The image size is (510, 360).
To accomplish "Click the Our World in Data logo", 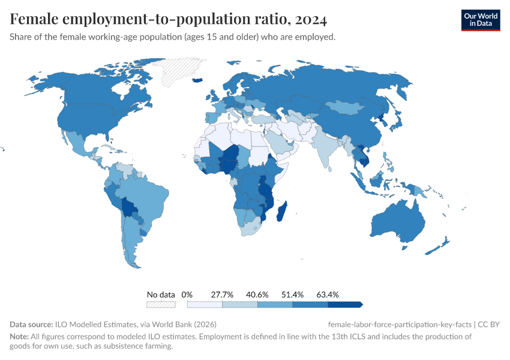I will [x=481, y=20].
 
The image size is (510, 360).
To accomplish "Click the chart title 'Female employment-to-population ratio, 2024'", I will [x=168, y=20].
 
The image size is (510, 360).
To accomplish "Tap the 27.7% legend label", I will [x=222, y=295].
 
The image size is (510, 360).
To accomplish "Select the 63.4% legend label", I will [x=328, y=295].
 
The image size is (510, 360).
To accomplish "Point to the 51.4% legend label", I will [x=292, y=295].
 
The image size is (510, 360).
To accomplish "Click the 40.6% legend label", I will [x=257, y=295].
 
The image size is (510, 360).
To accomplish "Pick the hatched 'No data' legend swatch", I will [x=161, y=304].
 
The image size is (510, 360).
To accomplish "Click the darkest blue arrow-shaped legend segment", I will [x=345, y=304].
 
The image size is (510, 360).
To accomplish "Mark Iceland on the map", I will [x=197, y=79].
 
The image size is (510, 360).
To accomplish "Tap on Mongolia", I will [x=347, y=108].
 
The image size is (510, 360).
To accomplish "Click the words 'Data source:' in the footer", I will [x=31, y=324].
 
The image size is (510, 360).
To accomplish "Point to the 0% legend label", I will [x=187, y=295].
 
